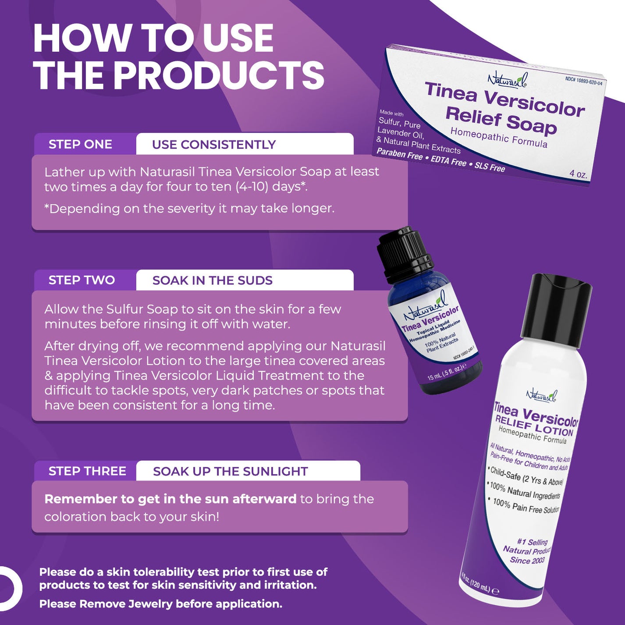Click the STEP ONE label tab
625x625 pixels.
(81, 144)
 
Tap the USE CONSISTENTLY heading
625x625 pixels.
(214, 145)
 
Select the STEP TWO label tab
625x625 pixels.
(82, 280)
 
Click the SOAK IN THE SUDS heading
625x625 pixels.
(213, 281)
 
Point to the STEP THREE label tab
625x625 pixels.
(87, 471)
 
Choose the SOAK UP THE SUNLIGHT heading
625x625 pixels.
(231, 472)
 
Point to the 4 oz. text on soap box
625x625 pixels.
(578, 174)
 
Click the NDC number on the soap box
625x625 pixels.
(583, 81)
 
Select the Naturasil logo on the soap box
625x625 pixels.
(508, 80)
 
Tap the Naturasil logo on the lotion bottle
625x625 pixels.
(542, 395)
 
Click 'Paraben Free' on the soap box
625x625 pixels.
(400, 154)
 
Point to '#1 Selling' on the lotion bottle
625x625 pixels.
(532, 542)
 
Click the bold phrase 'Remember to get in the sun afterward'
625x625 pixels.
(170, 499)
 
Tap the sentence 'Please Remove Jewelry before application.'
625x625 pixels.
(161, 604)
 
